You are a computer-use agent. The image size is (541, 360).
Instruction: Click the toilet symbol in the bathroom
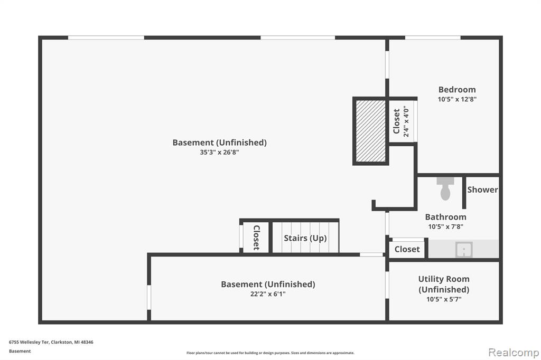click(445, 188)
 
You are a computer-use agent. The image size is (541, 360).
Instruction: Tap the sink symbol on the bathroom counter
click(464, 249)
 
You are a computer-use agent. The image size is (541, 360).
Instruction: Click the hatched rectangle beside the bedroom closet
click(370, 131)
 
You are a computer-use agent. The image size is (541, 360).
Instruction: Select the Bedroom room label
click(457, 90)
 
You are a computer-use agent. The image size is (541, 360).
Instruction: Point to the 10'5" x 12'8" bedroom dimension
click(457, 99)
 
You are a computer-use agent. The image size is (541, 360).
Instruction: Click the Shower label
click(482, 190)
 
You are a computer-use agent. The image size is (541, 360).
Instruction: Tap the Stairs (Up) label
click(305, 238)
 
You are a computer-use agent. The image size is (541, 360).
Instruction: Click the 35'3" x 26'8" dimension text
click(219, 152)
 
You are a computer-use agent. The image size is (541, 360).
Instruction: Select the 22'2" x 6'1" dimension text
click(268, 294)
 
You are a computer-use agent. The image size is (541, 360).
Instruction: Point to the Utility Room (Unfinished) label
click(444, 284)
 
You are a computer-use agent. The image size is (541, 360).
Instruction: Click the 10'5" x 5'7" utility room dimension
click(444, 299)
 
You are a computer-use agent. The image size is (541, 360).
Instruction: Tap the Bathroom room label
click(445, 217)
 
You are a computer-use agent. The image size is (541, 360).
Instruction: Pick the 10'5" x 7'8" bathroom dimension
click(445, 227)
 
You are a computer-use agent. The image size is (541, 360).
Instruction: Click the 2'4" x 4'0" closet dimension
click(406, 121)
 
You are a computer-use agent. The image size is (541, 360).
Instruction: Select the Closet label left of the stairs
click(256, 238)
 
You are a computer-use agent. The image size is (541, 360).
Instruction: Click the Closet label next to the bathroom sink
click(407, 249)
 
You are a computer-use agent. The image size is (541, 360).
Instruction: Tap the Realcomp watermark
click(514, 353)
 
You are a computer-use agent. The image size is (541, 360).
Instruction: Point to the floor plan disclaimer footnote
click(270, 353)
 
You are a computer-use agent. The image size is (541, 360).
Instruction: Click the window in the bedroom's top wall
click(433, 37)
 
